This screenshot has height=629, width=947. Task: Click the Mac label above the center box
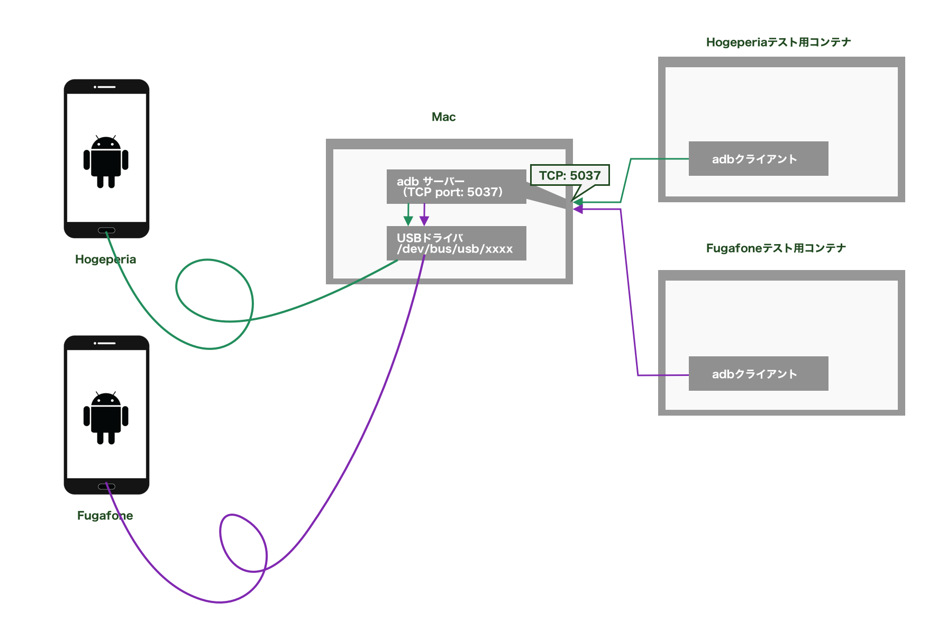pos(443,117)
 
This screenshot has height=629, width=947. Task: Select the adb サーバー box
pos(456,186)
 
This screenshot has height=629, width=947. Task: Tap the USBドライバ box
pos(456,243)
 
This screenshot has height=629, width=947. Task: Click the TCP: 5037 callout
pos(570,175)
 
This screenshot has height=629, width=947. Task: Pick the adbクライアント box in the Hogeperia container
pos(758,159)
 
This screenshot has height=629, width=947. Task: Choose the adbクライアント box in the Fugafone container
pos(758,374)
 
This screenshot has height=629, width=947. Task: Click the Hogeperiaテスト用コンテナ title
pos(778,42)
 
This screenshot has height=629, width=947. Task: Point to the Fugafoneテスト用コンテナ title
pos(776,248)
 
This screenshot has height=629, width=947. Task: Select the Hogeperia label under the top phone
pos(105,259)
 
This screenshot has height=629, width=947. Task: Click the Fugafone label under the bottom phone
pos(105,516)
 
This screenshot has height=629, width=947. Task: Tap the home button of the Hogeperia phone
pos(106,230)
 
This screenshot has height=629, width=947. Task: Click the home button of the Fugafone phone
pos(106,487)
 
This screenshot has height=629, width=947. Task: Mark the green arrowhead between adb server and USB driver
pos(408,221)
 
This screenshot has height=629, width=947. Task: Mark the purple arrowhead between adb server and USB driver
pos(424,221)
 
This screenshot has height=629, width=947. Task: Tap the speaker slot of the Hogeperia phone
pos(106,87)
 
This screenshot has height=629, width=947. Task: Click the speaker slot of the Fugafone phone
pos(106,343)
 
